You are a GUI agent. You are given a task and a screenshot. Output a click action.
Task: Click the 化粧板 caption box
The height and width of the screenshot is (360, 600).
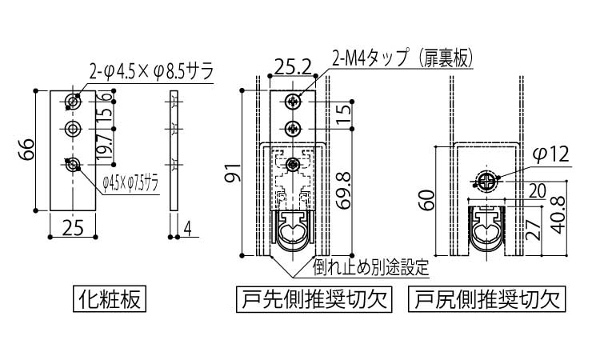(110, 298)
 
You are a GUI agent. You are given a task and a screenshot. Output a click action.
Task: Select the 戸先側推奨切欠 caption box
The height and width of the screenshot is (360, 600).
(314, 299)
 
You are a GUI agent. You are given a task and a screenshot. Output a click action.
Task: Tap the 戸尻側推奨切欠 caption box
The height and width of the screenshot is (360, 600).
(487, 299)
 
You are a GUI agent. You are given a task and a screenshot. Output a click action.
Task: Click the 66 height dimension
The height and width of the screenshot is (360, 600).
(27, 150)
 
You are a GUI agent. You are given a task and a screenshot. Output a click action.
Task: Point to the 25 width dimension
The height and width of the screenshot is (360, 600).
(73, 228)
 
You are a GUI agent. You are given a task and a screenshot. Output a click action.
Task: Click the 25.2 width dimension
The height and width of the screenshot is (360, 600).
(293, 68)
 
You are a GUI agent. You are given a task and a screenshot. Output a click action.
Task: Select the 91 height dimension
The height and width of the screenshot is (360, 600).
(234, 172)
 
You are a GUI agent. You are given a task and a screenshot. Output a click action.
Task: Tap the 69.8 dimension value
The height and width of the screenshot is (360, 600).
(343, 190)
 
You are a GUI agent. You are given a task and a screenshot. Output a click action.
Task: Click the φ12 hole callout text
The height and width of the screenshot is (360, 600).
(552, 154)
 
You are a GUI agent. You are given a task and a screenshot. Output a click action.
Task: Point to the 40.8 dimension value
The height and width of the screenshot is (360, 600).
(558, 214)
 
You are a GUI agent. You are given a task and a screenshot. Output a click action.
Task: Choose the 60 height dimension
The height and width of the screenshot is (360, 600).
(428, 200)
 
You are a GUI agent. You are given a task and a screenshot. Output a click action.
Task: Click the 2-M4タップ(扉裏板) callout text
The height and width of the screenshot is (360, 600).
(402, 59)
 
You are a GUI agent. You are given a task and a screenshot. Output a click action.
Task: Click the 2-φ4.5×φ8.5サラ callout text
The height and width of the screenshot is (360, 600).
(151, 70)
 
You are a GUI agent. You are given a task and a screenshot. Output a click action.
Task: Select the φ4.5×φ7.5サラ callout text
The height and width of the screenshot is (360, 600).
(130, 185)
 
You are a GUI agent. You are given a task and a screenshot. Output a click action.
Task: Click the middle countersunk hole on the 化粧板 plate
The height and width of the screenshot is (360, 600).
(72, 129)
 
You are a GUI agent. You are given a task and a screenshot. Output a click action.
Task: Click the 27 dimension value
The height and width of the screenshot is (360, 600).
(534, 229)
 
